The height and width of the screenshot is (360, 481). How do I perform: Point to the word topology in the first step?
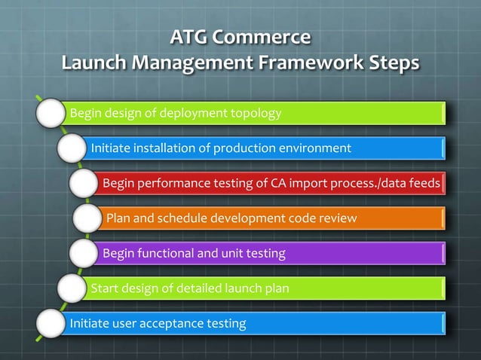[x=256, y=114]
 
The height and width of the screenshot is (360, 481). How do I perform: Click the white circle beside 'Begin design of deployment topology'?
[x=49, y=114]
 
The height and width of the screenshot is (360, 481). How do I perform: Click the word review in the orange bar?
[x=339, y=218]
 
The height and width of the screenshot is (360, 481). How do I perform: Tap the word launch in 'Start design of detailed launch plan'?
[x=244, y=288]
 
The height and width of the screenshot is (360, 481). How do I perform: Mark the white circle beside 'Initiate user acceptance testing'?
[x=49, y=324]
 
